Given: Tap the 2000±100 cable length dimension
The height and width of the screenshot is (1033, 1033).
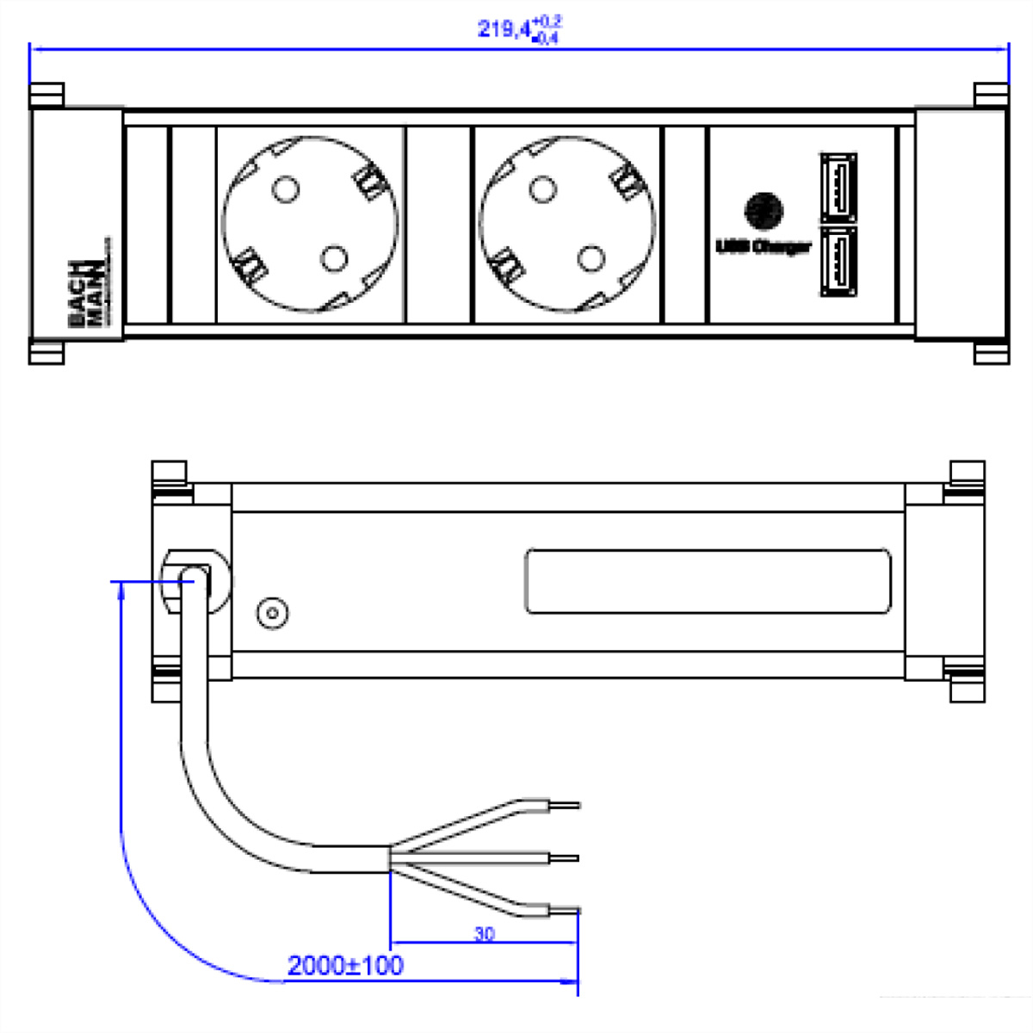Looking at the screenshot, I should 344,966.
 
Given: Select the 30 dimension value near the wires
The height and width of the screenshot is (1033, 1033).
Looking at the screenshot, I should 484,933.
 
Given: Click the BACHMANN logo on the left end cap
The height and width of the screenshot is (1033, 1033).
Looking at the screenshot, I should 85,293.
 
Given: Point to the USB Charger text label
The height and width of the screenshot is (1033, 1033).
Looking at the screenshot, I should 764,247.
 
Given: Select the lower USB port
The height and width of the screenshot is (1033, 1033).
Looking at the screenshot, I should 838,262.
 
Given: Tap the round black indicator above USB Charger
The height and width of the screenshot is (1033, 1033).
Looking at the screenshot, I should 764,210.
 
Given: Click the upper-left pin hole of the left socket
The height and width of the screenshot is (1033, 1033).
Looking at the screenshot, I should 286,189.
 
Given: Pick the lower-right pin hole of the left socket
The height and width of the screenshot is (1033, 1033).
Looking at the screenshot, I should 334,257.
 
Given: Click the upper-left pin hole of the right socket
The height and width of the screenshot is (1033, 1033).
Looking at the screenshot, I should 542,189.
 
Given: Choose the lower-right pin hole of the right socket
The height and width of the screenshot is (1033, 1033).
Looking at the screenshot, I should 591,257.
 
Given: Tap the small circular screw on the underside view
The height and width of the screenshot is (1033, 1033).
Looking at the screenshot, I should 272,614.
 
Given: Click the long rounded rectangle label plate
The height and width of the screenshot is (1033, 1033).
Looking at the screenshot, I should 708,582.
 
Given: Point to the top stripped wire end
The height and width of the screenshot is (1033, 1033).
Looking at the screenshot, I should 565,807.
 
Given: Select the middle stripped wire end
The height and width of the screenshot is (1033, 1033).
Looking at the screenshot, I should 565,857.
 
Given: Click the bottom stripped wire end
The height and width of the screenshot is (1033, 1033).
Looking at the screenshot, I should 565,909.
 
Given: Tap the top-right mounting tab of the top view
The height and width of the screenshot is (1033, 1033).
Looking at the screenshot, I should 990,94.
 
